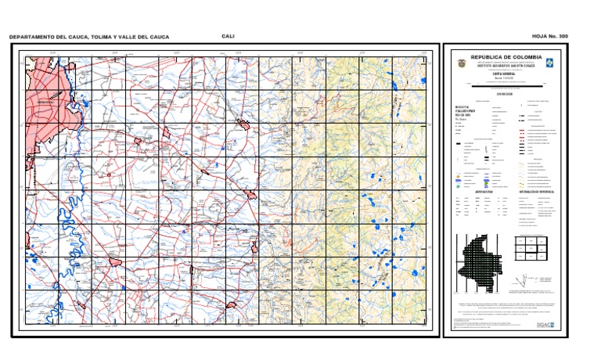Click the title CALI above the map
[229, 36]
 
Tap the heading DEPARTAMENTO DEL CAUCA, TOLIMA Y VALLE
[88, 38]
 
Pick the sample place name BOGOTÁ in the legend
[462, 107]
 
